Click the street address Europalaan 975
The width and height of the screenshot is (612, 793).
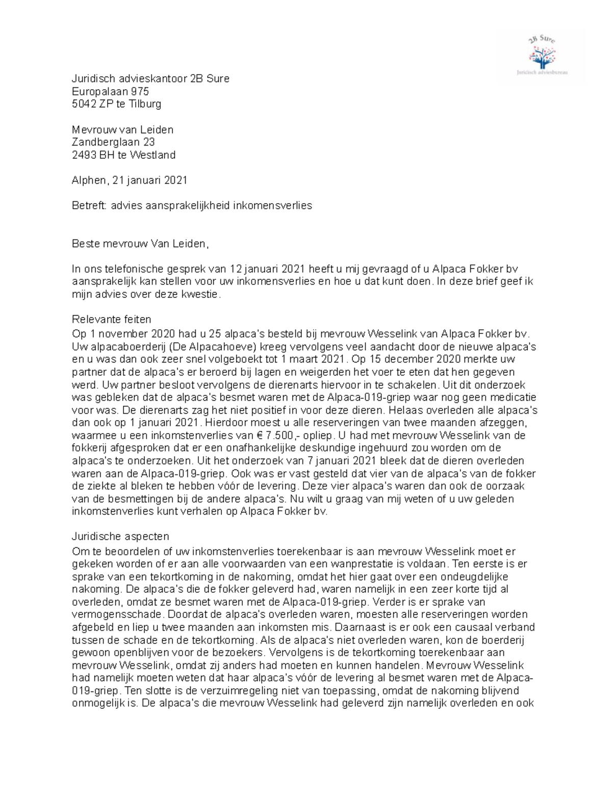(x=110, y=91)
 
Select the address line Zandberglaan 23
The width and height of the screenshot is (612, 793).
(x=113, y=142)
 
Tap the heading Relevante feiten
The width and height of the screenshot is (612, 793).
(x=111, y=320)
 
